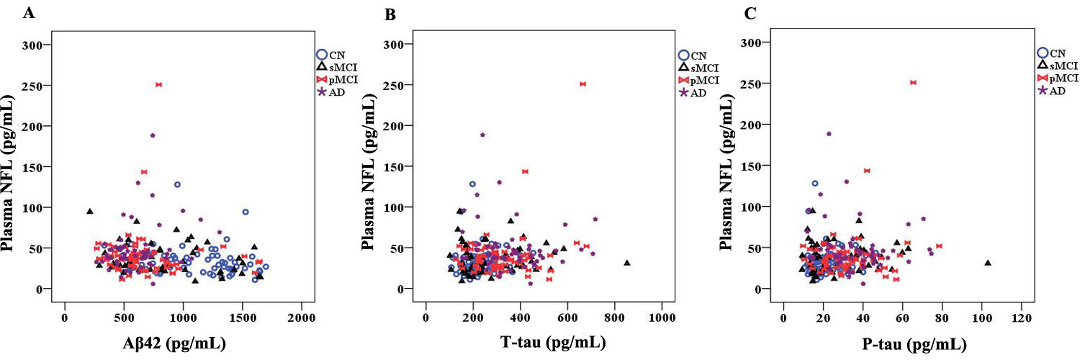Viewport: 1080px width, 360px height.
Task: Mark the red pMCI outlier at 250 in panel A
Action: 158,85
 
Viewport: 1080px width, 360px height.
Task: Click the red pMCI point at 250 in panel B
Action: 582,84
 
